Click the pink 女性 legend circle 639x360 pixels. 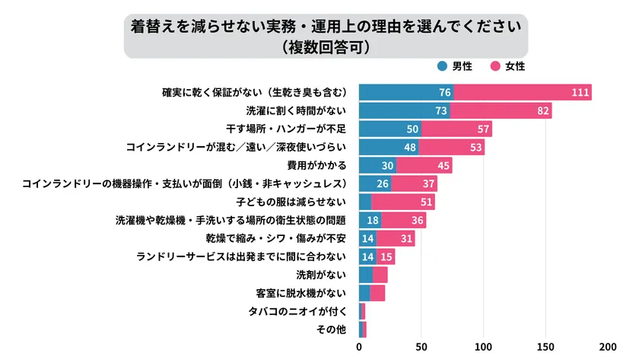click(x=494, y=66)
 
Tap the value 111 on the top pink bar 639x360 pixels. click(x=580, y=93)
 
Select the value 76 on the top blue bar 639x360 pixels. click(x=445, y=93)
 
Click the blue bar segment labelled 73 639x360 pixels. click(x=405, y=111)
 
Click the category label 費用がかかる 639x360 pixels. click(x=316, y=166)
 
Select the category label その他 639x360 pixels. click(x=332, y=330)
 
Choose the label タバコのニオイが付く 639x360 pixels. click(x=297, y=311)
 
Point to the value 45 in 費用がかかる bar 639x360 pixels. click(x=443, y=166)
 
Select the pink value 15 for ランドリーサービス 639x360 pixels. click(x=386, y=256)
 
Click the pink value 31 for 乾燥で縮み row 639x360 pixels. click(x=406, y=238)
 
